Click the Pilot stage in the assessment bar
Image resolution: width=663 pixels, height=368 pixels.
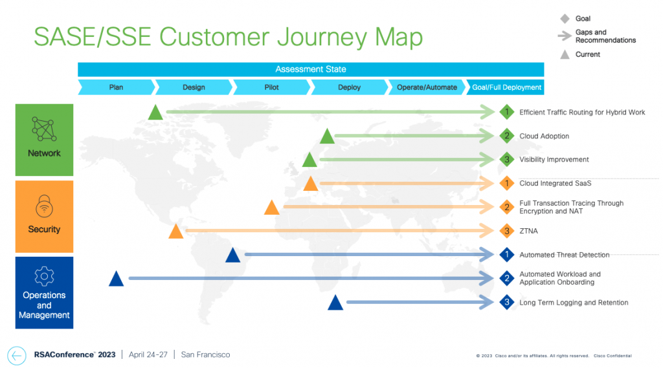(271, 87)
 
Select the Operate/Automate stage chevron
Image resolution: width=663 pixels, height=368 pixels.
(427, 87)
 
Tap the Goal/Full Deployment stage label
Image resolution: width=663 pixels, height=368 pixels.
(507, 87)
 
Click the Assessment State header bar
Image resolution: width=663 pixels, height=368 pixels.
(311, 69)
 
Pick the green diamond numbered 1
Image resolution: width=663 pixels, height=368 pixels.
(507, 113)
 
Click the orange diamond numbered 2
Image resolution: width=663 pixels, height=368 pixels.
(507, 207)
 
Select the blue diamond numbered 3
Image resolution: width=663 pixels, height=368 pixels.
(507, 302)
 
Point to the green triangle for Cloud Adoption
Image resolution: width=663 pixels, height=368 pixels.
(327, 136)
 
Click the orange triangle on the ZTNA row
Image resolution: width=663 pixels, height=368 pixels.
(175, 232)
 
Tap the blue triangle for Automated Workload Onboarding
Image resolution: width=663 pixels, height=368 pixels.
(116, 279)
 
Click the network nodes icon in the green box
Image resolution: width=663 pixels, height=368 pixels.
(44, 129)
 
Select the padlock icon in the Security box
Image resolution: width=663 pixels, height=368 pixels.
(44, 206)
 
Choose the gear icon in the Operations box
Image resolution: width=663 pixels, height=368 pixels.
(44, 276)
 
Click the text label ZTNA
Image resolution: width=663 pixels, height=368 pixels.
(528, 231)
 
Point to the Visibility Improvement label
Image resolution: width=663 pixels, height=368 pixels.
(554, 160)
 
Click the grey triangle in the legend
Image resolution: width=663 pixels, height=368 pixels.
(564, 54)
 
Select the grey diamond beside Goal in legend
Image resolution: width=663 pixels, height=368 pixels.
(564, 19)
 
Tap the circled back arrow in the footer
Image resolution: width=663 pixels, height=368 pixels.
(17, 355)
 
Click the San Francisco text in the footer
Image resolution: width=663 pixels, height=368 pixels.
(205, 354)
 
